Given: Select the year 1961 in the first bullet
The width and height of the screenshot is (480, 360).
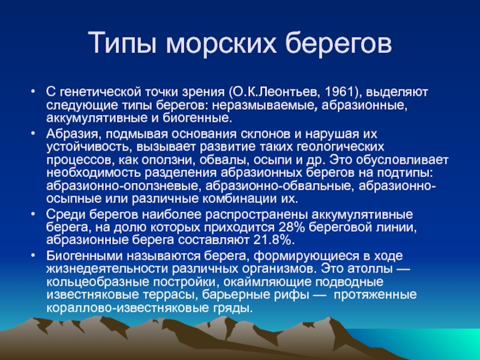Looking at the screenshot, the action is click(x=339, y=92).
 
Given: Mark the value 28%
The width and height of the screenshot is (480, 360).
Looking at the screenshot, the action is click(x=292, y=227).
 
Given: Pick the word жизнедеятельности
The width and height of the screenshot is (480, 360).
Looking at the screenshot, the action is click(x=107, y=269).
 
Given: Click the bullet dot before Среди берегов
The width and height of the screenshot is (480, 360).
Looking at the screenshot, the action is click(x=33, y=214).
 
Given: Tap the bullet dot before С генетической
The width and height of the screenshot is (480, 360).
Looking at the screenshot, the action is click(x=33, y=91).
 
